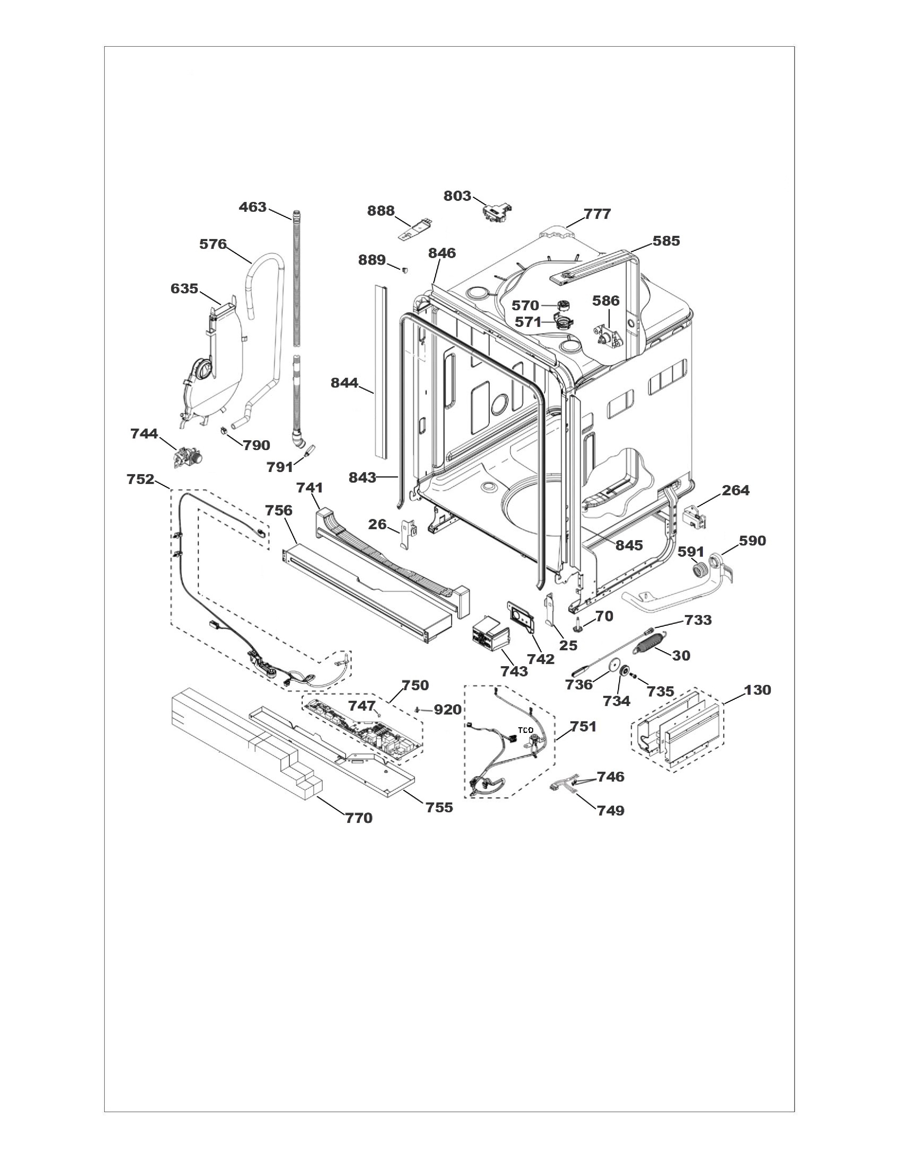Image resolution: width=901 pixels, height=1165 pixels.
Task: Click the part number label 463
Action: click(x=253, y=207)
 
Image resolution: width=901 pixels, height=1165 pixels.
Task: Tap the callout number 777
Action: click(x=597, y=214)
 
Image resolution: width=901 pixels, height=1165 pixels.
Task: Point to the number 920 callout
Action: click(x=447, y=710)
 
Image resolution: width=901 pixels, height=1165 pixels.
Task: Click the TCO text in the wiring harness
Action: click(x=526, y=730)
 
